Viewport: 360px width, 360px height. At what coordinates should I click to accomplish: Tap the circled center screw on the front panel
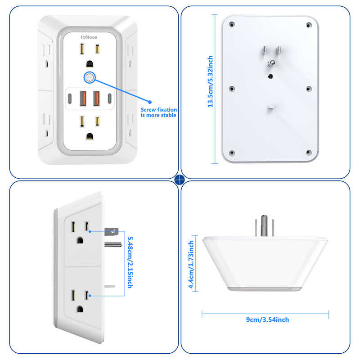click(89, 77)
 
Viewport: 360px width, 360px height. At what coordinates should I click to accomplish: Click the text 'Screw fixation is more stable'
click(159, 112)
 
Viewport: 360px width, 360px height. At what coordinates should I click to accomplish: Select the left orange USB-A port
click(84, 98)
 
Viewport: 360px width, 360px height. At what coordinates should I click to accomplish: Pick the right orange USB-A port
click(96, 98)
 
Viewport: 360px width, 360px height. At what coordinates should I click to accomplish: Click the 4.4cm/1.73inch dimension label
click(191, 264)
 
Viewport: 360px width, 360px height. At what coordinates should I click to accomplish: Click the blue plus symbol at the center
click(180, 180)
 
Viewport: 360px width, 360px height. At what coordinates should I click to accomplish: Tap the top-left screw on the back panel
click(231, 24)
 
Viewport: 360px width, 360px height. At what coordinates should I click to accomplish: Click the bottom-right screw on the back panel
click(309, 152)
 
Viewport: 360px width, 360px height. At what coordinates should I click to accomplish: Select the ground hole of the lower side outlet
click(80, 309)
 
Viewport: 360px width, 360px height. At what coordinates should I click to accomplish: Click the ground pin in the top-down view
click(265, 227)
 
